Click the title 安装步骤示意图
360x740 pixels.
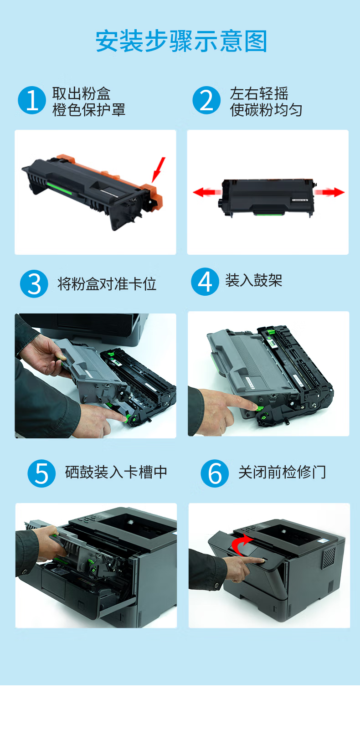(181, 41)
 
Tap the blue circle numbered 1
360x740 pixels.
(32, 100)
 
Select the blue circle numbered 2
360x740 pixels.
(206, 100)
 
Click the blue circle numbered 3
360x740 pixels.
(34, 284)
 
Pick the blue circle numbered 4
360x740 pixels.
(205, 282)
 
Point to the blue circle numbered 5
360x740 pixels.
(41, 473)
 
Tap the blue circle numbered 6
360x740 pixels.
(215, 473)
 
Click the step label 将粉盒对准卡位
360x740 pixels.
(107, 284)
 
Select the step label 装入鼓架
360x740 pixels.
(254, 281)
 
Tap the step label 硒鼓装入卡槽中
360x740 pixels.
(116, 472)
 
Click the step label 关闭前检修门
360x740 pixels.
(283, 472)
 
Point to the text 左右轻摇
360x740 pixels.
(259, 93)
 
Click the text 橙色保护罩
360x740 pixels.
(89, 110)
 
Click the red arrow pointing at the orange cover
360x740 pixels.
(158, 170)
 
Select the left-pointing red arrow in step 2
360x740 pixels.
(207, 192)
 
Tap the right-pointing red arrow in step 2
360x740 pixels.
(329, 192)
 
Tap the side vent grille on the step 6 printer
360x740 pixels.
(329, 557)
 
